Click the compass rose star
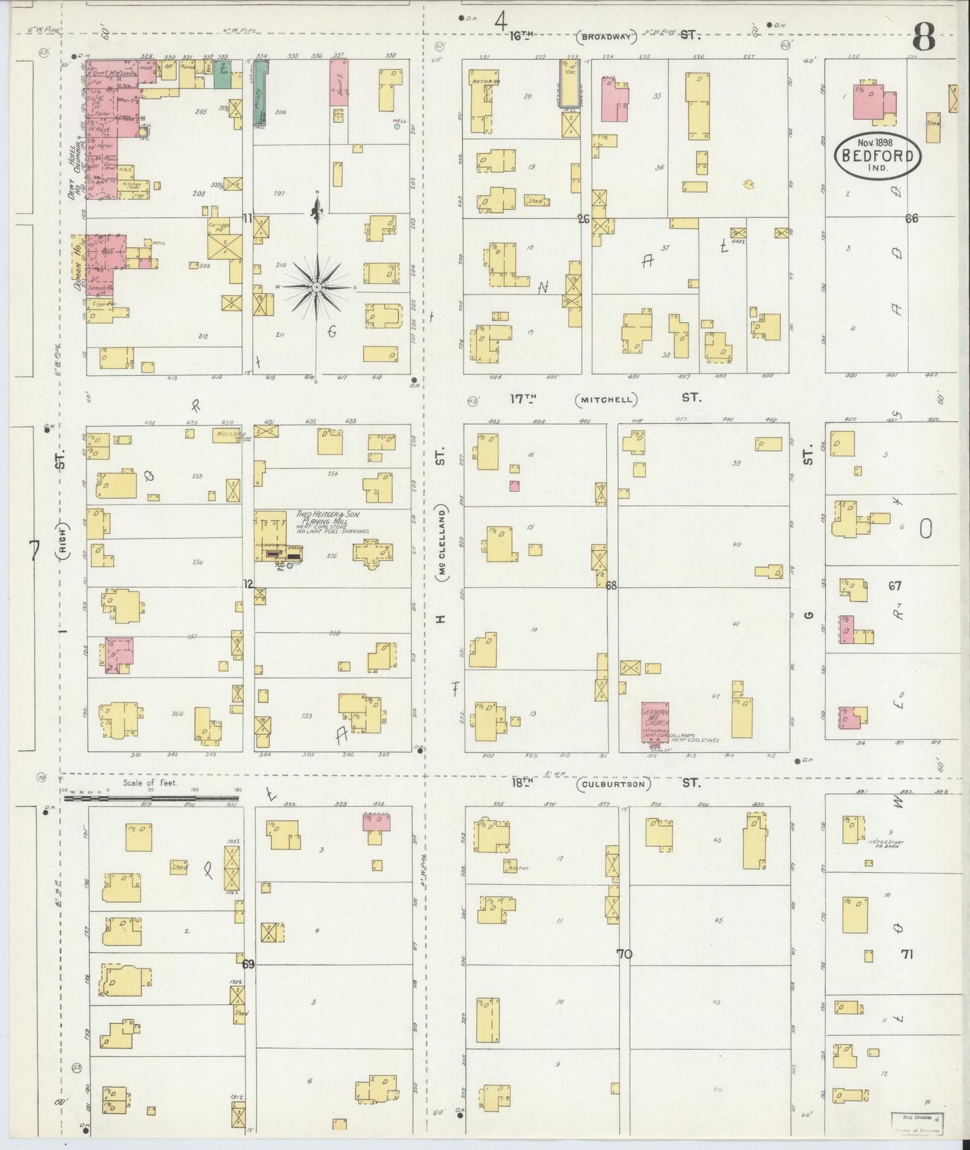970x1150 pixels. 316,287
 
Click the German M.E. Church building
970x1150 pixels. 655,723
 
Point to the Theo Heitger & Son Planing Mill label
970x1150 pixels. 324,519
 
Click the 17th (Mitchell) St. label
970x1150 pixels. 605,399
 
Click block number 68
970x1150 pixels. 611,585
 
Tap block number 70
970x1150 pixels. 624,953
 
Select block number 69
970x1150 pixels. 248,964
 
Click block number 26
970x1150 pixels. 583,218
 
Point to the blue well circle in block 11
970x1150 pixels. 397,126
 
